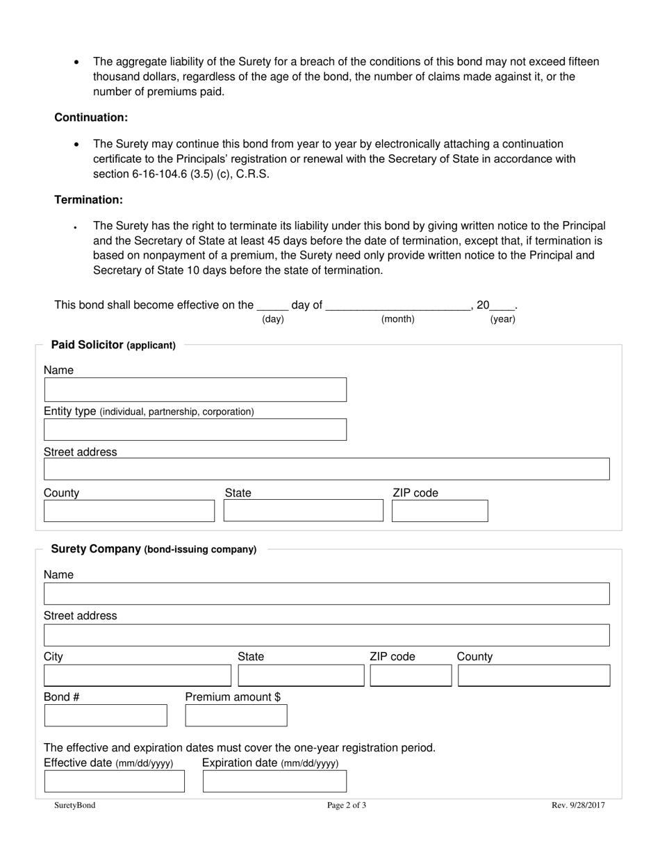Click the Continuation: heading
point(91,117)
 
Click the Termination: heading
point(89,199)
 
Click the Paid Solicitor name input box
point(195,390)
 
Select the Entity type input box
point(195,430)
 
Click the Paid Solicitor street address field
point(327,469)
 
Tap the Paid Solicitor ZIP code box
point(440,511)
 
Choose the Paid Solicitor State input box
point(303,511)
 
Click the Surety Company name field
point(327,594)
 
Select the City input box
point(137,676)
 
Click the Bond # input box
point(106,715)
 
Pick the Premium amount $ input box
point(236,715)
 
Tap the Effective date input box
point(115,781)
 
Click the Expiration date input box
point(274,781)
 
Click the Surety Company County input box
point(534,676)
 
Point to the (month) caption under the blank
point(397,319)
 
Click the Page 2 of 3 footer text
point(347,806)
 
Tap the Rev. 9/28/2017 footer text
point(578,806)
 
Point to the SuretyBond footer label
point(75,806)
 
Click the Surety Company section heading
point(154,549)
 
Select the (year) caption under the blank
point(502,319)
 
